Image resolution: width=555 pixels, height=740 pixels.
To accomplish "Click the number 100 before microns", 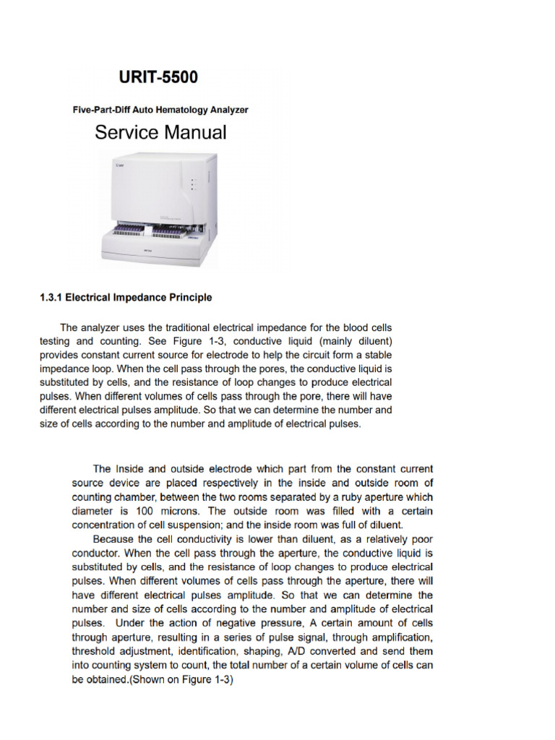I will (x=135, y=511).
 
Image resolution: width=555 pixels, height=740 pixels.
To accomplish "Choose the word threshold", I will (x=97, y=650).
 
